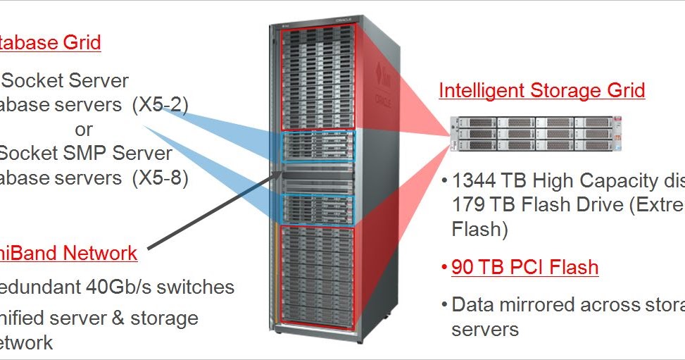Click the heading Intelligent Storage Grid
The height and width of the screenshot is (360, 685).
pos(541,91)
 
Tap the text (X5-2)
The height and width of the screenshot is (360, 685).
pos(160,105)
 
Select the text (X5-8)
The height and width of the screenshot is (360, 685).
pos(160,178)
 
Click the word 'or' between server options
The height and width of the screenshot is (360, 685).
pos(83,130)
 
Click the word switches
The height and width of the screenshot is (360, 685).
pos(197,287)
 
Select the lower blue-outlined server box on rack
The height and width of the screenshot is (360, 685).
pos(317,206)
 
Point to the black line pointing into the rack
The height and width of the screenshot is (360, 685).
pos(211,211)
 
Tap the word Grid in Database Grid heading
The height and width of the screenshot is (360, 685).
pos(80,42)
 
